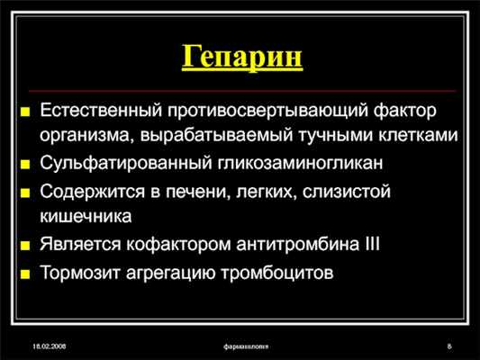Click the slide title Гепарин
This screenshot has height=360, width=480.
(x=240, y=58)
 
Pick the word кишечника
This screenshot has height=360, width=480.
(x=85, y=217)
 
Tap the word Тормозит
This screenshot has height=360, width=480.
(x=77, y=273)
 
